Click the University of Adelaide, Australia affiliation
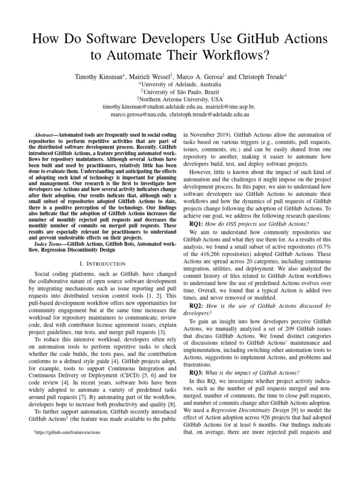[x=180, y=84]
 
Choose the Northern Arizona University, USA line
[x=180, y=99]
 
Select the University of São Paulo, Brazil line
[x=180, y=92]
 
